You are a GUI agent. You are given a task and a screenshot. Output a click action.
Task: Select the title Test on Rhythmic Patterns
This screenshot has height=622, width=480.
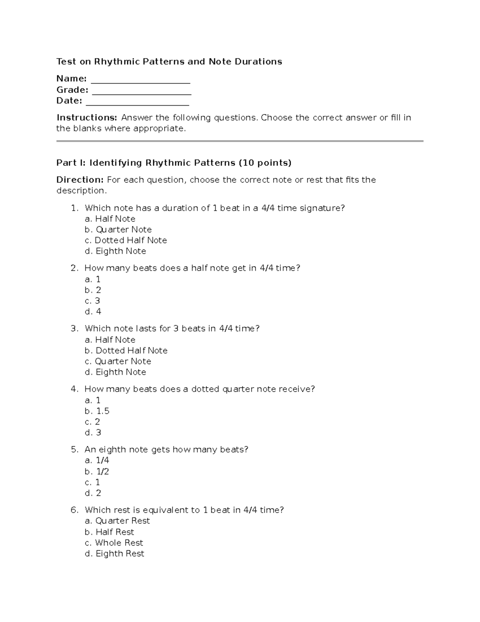(x=169, y=62)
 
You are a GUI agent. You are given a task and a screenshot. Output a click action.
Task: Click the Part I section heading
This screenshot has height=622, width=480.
(x=174, y=163)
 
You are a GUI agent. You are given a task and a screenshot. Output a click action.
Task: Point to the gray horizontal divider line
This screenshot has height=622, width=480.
(x=240, y=141)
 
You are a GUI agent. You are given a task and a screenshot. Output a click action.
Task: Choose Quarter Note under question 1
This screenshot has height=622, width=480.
(x=118, y=229)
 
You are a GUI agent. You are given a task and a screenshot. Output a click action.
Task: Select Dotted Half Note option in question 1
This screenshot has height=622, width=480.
(x=126, y=240)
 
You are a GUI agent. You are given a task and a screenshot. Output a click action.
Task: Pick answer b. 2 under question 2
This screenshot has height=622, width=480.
(x=93, y=290)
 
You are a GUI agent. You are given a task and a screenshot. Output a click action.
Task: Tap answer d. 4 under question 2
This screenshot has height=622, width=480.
(x=93, y=312)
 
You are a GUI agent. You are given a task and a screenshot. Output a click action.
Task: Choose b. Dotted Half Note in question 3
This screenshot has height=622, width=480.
(x=126, y=350)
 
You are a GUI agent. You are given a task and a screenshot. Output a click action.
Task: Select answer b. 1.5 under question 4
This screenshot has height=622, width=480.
(x=97, y=411)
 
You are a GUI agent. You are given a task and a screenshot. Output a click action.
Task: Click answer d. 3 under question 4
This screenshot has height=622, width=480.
(x=93, y=433)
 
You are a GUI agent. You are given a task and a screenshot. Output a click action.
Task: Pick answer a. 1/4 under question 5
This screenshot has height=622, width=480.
(x=97, y=461)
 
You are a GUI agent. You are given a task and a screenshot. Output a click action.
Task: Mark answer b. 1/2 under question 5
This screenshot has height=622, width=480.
(x=97, y=471)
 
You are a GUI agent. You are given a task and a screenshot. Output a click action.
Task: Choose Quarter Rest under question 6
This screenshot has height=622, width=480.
(x=118, y=521)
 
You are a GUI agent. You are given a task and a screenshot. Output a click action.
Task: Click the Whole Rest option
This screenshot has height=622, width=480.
(x=114, y=543)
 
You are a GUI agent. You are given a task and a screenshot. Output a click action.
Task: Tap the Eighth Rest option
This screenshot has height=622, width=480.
(x=115, y=554)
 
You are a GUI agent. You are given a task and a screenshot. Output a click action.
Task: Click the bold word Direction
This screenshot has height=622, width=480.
(x=80, y=180)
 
